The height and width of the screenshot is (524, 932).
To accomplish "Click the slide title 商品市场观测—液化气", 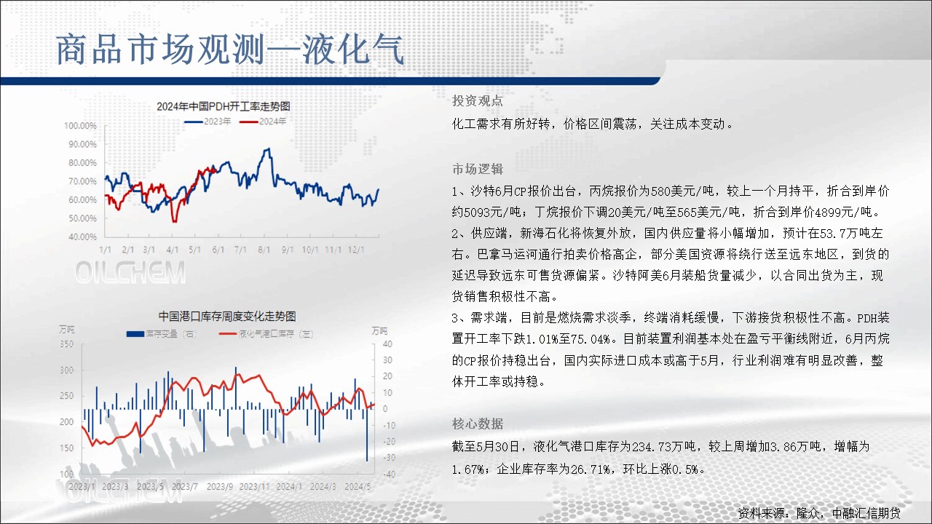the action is pyautogui.click(x=229, y=50).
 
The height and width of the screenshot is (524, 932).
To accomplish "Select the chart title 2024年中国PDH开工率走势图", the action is pyautogui.click(x=224, y=106).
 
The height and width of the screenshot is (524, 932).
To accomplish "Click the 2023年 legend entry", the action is pyautogui.click(x=208, y=122).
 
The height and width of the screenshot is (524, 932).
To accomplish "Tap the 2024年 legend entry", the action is pyautogui.click(x=263, y=122).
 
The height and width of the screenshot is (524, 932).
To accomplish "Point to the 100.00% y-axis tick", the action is pyautogui.click(x=80, y=126).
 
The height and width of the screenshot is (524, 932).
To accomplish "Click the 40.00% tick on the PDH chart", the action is pyautogui.click(x=82, y=237).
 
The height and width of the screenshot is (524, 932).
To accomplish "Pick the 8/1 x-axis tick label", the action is pyautogui.click(x=264, y=250).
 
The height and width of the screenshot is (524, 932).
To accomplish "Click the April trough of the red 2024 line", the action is pyautogui.click(x=175, y=221).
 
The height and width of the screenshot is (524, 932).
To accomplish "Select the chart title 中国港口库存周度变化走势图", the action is pyautogui.click(x=227, y=317).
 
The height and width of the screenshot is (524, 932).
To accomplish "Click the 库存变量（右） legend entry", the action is pyautogui.click(x=162, y=334).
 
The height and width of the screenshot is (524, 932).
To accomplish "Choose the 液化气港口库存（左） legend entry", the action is pyautogui.click(x=266, y=334).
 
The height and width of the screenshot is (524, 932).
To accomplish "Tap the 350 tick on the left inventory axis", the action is pyautogui.click(x=66, y=344).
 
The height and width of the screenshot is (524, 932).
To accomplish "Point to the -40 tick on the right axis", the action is pyautogui.click(x=389, y=474).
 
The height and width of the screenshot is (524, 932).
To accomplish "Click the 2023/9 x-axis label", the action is pyautogui.click(x=220, y=487).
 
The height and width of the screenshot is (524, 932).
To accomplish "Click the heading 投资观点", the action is pyautogui.click(x=478, y=100).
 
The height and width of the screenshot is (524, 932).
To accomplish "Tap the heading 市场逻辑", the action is pyautogui.click(x=478, y=169).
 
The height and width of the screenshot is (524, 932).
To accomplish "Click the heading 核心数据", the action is pyautogui.click(x=478, y=424).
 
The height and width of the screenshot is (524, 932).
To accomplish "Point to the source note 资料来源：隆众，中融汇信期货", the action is pyautogui.click(x=819, y=513).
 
